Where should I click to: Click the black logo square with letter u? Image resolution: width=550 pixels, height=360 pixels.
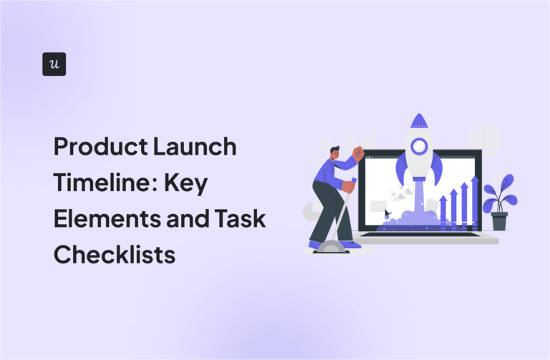54,64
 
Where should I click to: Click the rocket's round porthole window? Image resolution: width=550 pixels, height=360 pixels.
418,147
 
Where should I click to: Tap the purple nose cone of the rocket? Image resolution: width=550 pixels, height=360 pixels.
419,123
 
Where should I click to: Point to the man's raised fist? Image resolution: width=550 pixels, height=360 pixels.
358,152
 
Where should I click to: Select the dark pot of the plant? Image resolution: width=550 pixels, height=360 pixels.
499,220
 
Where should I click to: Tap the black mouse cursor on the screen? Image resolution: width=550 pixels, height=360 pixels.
387,213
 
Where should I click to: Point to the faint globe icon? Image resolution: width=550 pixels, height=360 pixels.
483,137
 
